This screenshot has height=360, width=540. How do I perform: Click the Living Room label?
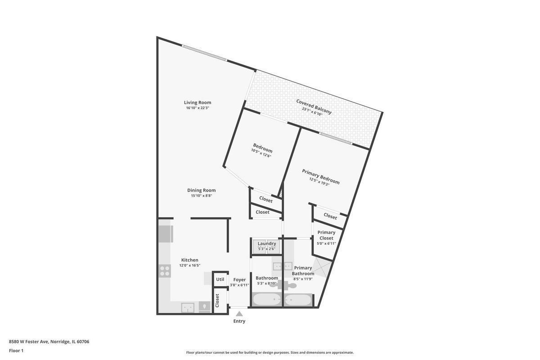click(x=198, y=103)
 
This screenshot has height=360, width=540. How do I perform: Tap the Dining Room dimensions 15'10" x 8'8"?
click(x=201, y=196)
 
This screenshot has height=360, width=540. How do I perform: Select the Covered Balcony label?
click(x=314, y=107)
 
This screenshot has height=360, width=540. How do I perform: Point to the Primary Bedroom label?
click(x=321, y=177)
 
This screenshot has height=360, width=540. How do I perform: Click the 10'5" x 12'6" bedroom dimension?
click(x=261, y=153)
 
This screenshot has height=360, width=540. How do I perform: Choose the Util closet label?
click(x=220, y=279)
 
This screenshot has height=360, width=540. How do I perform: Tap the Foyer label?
click(x=239, y=280)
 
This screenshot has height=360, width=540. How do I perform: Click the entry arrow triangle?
click(x=239, y=314)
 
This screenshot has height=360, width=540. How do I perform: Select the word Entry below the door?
click(x=239, y=321)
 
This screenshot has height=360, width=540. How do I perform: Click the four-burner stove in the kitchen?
click(x=165, y=271)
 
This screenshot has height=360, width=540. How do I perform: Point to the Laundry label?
click(x=266, y=243)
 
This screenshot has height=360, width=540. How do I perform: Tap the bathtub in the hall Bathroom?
click(x=266, y=300)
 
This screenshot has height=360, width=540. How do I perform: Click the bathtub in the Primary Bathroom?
click(x=298, y=300)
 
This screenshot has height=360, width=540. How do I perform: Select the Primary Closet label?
click(x=326, y=235)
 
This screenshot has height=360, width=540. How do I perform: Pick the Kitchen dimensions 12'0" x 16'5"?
click(x=190, y=265)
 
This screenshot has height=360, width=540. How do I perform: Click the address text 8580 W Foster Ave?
click(x=29, y=342)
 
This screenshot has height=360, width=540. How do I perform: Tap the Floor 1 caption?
click(x=16, y=351)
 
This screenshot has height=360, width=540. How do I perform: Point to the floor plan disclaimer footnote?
click(x=270, y=352)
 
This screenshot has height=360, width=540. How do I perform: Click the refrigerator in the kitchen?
click(x=166, y=234)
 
